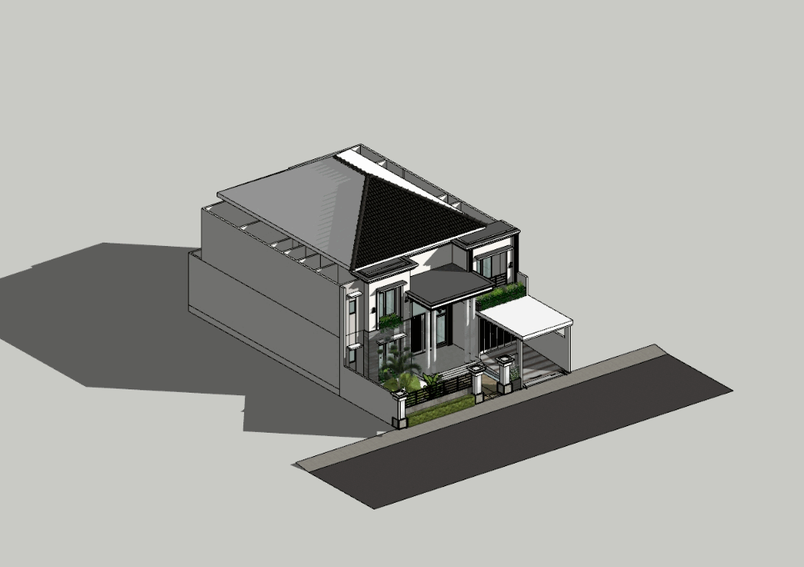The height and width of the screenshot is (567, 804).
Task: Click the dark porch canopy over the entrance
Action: pyautogui.click(x=449, y=284)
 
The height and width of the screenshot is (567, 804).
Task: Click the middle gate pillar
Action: pyautogui.click(x=477, y=380)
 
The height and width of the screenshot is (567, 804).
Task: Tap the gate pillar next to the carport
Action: pyautogui.click(x=505, y=374)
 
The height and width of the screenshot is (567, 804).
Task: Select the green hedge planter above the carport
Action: pyautogui.click(x=501, y=295)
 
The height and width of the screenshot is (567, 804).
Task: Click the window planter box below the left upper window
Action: pyautogui.click(x=390, y=321)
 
